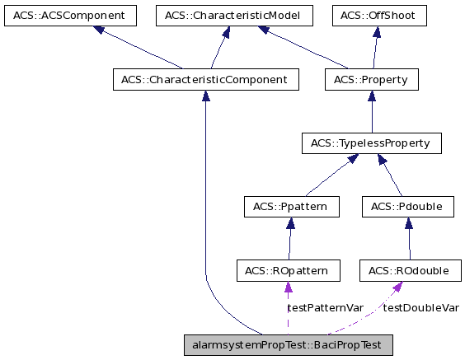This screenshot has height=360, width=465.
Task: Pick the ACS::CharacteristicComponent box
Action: pyautogui.click(x=205, y=80)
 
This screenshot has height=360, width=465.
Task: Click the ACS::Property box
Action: pyautogui.click(x=372, y=80)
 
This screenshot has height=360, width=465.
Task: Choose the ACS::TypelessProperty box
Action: pyautogui.click(x=372, y=143)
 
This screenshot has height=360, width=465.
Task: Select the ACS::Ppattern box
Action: pyautogui.click(x=291, y=207)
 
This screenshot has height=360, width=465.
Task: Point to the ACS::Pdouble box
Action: pyautogui.click(x=408, y=207)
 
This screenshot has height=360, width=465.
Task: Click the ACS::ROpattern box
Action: pyautogui.click(x=287, y=270)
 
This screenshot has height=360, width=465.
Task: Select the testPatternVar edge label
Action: pyautogui.click(x=325, y=307)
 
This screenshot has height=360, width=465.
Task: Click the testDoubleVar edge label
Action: pyautogui.click(x=420, y=307)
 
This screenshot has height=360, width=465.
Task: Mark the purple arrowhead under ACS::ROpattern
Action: pyautogui.click(x=287, y=287)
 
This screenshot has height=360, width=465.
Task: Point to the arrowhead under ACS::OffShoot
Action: pyautogui.click(x=376, y=32)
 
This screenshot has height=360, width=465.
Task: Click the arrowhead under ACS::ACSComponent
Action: pyautogui.click(x=99, y=30)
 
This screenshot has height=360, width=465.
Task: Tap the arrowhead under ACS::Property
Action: pyautogui.click(x=372, y=96)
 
